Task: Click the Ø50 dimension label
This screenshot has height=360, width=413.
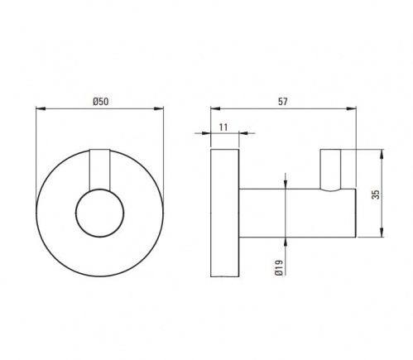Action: [101, 102]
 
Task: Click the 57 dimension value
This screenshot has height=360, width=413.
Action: [283, 102]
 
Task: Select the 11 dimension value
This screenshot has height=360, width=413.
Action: [223, 127]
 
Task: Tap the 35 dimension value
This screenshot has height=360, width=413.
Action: [376, 194]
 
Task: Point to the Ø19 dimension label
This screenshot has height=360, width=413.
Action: [279, 267]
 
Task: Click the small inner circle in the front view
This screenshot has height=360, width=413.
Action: [100, 213]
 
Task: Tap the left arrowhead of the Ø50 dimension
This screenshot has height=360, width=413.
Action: [41, 108]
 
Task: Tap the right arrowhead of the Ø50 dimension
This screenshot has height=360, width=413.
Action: [159, 108]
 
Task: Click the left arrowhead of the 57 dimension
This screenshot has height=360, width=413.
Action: [215, 108]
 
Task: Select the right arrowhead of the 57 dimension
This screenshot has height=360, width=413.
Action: [352, 108]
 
